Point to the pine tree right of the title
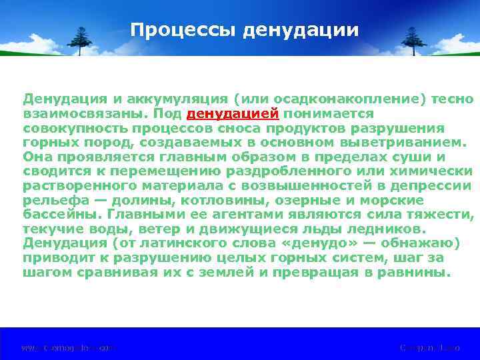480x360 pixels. coord(404,41)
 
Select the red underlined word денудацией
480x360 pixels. coord(233,113)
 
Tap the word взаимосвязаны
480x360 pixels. coord(79,113)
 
